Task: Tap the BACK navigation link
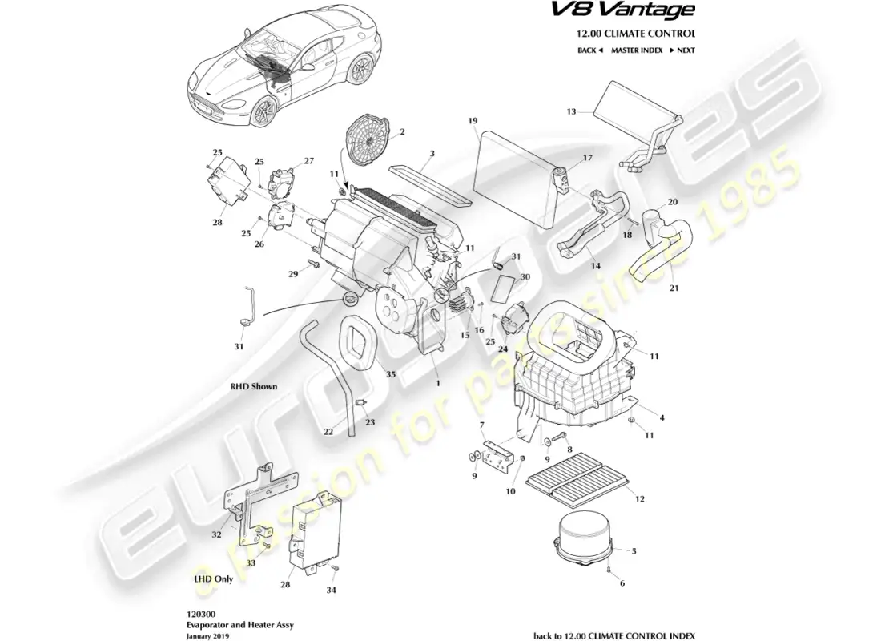(589, 50)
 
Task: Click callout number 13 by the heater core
(572, 111)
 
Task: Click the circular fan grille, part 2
(371, 140)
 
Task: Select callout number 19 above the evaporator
(473, 121)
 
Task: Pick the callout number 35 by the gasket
(390, 374)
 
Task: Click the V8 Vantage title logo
(636, 11)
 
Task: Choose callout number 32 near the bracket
(216, 534)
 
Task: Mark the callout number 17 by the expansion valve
(587, 159)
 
